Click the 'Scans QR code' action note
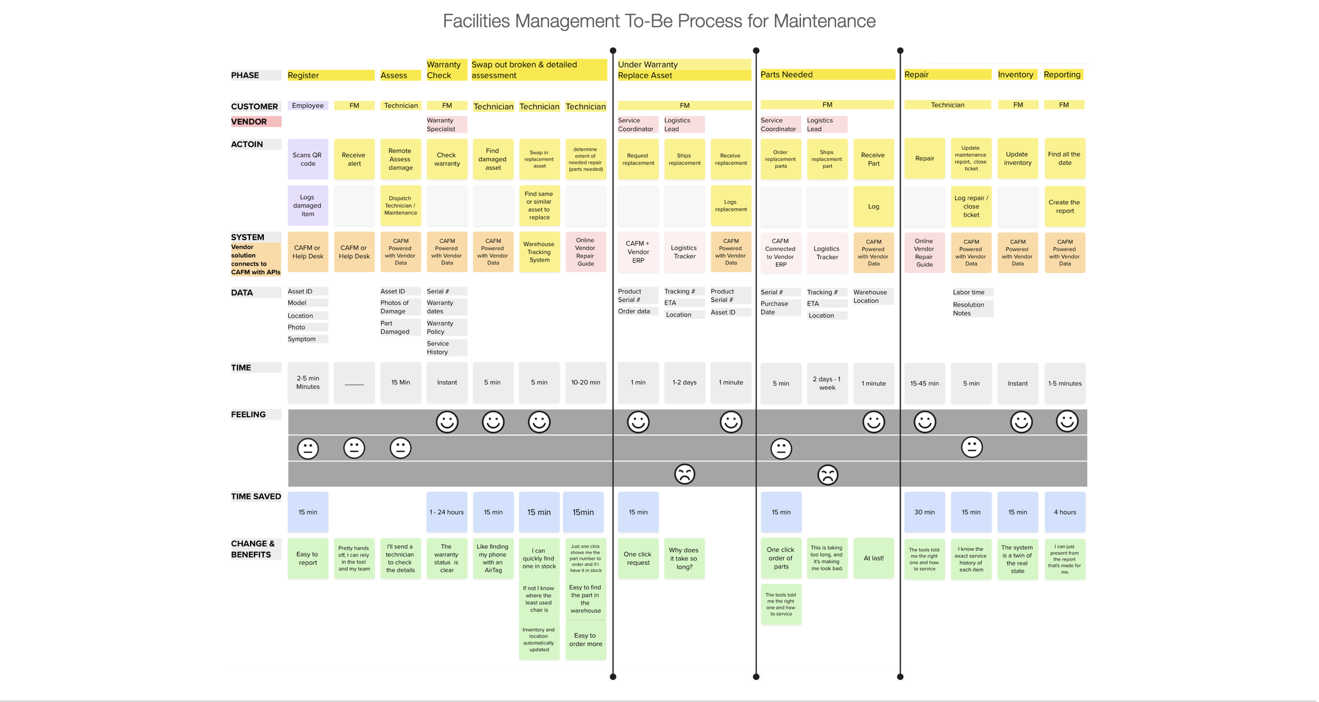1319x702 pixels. point(308,159)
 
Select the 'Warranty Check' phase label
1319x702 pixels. point(446,70)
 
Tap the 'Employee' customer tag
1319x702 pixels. point(308,105)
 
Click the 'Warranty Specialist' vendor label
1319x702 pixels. point(446,124)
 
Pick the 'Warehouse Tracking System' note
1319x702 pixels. point(539,252)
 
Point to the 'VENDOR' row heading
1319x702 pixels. point(255,122)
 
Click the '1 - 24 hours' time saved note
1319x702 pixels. point(446,512)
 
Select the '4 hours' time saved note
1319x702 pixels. point(1065,512)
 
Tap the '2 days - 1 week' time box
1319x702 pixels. point(827,383)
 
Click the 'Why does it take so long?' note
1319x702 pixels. point(684,559)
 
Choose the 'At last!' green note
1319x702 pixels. point(873,558)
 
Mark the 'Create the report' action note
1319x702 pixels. point(1064,207)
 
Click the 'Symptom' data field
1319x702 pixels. point(307,339)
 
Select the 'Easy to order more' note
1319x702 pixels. point(585,640)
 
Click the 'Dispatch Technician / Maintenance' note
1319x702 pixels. point(400,206)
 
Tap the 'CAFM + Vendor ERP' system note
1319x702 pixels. point(638,252)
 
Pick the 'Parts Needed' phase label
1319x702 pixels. point(827,75)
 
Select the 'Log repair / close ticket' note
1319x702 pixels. point(971,207)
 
